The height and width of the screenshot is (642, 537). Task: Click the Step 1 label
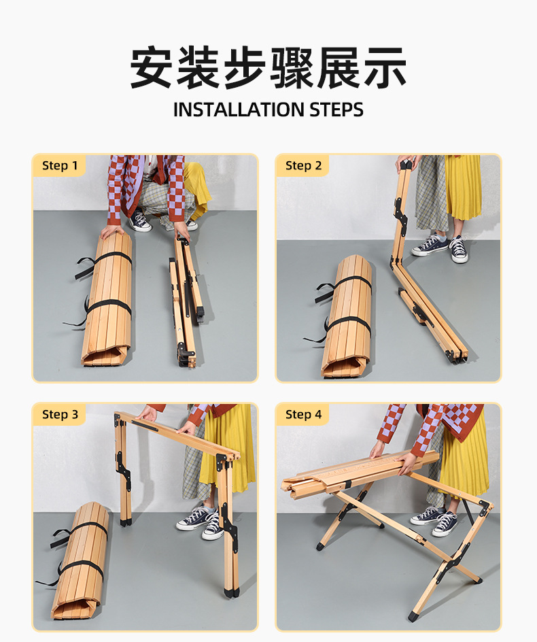(60, 165)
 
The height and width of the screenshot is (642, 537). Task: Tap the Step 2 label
(303, 165)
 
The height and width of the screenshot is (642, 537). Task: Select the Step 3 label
(60, 414)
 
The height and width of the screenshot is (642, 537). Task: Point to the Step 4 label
(303, 414)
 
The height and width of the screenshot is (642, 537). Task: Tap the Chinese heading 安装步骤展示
(268, 68)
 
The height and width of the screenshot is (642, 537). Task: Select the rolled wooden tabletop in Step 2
(347, 316)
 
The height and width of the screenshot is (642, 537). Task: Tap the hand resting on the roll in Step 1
(113, 232)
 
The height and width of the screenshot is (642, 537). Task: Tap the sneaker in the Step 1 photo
(140, 222)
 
